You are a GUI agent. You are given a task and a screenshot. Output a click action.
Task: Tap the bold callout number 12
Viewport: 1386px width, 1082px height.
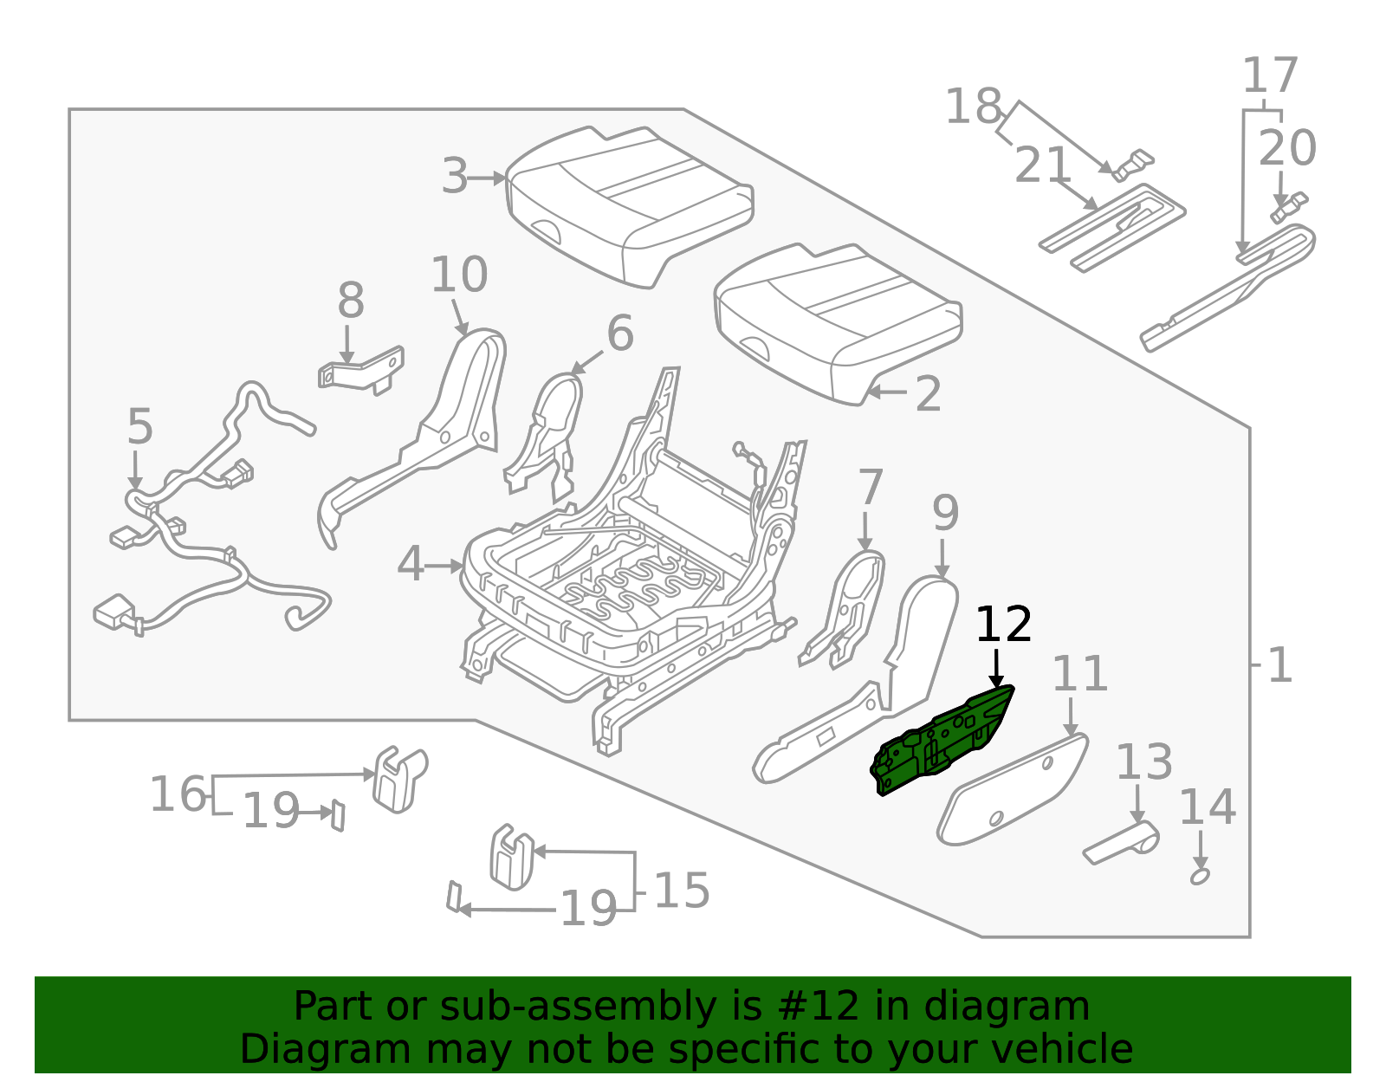point(1003,625)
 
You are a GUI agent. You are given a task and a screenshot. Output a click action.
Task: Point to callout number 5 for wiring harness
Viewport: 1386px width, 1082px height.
point(139,427)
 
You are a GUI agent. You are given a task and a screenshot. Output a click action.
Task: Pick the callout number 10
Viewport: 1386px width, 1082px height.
point(458,275)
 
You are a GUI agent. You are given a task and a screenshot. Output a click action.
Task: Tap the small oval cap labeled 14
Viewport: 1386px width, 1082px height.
point(1200,877)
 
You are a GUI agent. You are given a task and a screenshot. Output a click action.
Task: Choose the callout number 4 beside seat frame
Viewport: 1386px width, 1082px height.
point(411,565)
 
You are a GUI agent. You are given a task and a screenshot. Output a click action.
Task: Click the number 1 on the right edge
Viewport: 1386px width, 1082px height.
point(1279,665)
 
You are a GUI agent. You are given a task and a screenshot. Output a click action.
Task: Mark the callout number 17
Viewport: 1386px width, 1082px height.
point(1270,75)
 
